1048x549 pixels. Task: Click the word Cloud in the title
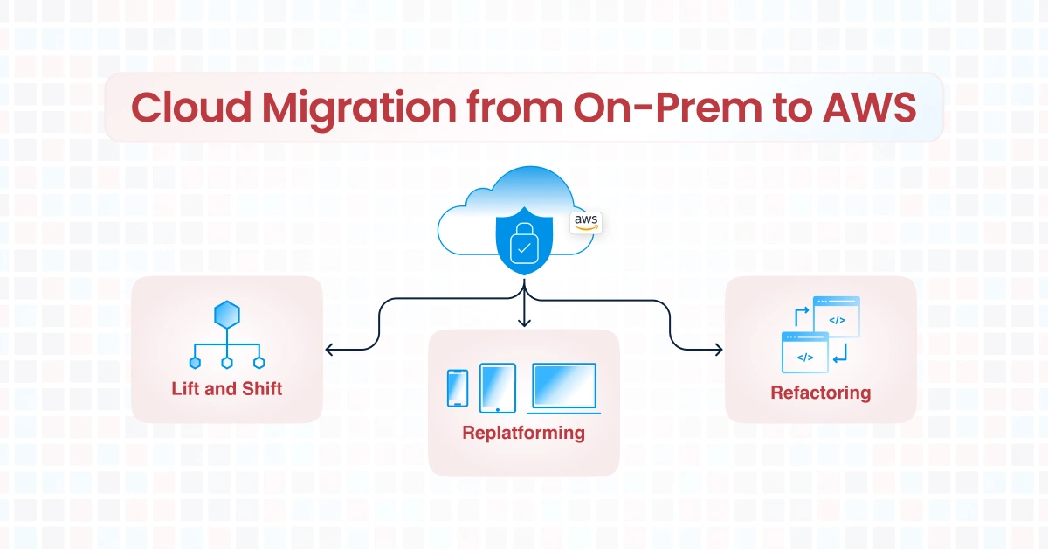tap(191, 108)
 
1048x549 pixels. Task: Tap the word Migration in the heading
tap(359, 110)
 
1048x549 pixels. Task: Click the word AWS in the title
tap(869, 108)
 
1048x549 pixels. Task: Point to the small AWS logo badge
tap(586, 223)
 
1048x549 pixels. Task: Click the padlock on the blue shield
tap(524, 243)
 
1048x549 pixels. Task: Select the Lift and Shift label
tap(227, 389)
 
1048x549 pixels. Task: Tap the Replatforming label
tap(523, 433)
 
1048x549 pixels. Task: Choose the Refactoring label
tap(821, 393)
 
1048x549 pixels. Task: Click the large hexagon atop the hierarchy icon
tap(227, 315)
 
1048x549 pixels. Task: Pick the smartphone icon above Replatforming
tap(458, 388)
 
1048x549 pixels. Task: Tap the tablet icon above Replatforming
tap(498, 388)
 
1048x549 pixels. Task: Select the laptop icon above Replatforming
tap(564, 388)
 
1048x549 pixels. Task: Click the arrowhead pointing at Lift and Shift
tap(329, 350)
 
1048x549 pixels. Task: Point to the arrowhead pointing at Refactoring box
tap(718, 350)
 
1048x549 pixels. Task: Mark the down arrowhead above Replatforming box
tap(524, 323)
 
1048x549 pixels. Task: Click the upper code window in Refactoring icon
tap(837, 316)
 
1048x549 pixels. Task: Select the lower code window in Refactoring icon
tap(805, 352)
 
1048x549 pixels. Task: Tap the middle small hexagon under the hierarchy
tap(227, 363)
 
